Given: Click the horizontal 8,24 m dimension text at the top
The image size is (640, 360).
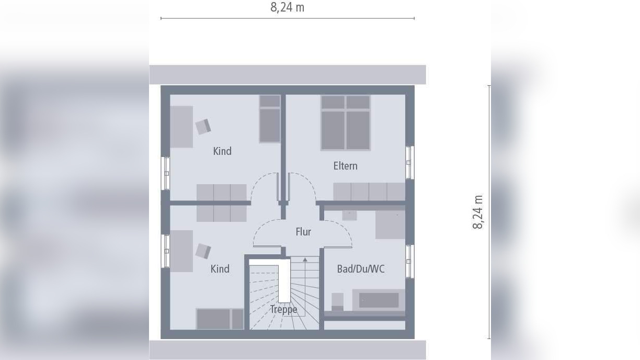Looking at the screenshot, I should click(x=287, y=7).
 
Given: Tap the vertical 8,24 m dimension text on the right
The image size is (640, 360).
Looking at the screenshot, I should click(x=478, y=212).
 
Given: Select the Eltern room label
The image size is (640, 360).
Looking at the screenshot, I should click(x=346, y=166).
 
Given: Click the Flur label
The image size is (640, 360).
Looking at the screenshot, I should click(x=303, y=232).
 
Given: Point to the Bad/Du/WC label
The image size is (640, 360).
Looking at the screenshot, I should click(x=361, y=269).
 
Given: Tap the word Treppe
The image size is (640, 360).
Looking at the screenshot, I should click(x=283, y=309).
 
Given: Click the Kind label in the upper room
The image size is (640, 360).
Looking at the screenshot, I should click(x=222, y=151).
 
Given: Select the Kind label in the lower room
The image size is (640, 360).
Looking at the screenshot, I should click(x=220, y=269).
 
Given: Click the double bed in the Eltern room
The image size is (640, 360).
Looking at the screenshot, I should click(x=346, y=123).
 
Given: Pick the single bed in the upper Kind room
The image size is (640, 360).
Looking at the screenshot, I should click(x=270, y=119).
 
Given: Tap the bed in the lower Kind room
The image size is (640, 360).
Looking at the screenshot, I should click(x=220, y=319).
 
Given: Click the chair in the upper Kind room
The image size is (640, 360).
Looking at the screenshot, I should click(x=203, y=127).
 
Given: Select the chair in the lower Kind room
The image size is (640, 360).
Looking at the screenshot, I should click(x=203, y=251).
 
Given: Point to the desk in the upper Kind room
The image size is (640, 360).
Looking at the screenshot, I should click(x=181, y=127).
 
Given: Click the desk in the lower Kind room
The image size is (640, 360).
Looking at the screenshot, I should click(x=181, y=251).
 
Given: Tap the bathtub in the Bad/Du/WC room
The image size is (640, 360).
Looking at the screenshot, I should click(x=378, y=300).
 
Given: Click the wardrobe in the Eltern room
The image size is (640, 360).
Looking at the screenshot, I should click(x=369, y=192).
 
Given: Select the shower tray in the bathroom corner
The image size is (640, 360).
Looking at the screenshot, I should click(x=390, y=224).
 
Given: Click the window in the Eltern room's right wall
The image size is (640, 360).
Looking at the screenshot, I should click(x=409, y=163).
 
